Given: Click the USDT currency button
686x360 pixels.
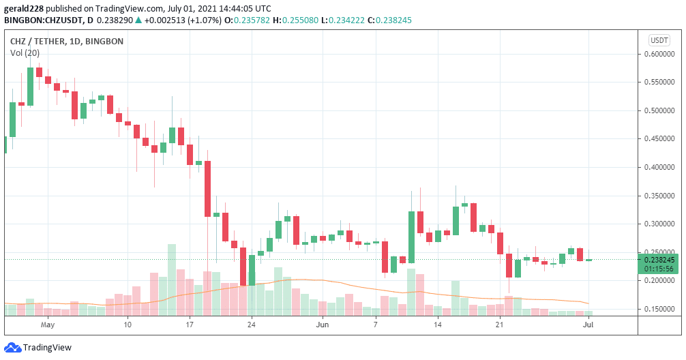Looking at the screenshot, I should (659, 40).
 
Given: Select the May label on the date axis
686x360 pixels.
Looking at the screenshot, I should (47, 325).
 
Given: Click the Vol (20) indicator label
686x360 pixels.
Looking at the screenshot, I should (25, 52).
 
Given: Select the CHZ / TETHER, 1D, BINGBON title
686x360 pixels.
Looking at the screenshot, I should (67, 41).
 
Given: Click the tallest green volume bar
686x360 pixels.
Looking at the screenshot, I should (172, 280).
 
